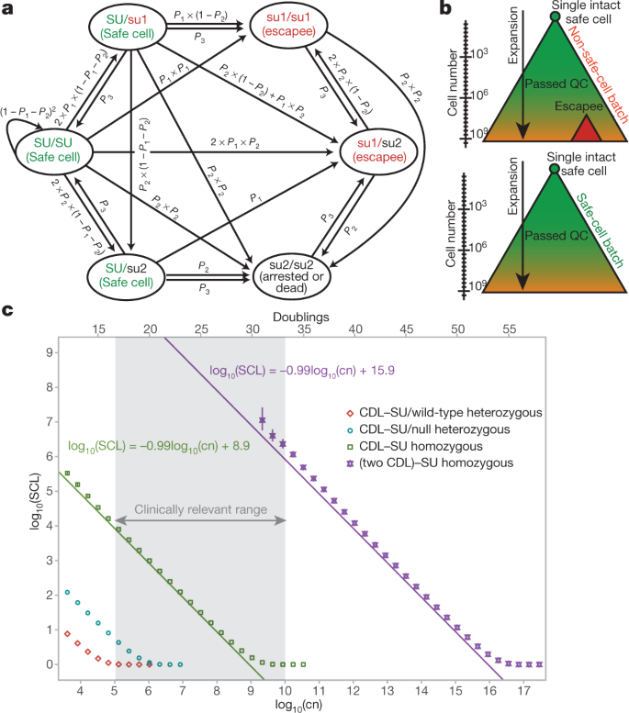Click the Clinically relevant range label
199,507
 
